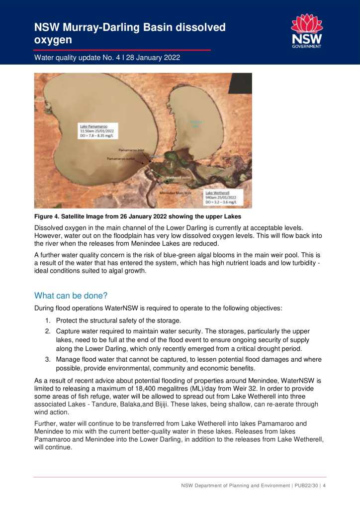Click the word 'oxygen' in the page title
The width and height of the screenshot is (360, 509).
[x=52, y=39]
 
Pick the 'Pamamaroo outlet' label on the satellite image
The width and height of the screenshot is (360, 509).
[x=120, y=159]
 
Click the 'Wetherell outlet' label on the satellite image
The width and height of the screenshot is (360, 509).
[x=179, y=177]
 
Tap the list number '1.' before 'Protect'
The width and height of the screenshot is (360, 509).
[x=48, y=320]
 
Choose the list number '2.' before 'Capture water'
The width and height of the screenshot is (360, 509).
[x=48, y=331]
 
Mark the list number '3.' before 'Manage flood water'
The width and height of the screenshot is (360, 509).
[x=48, y=359]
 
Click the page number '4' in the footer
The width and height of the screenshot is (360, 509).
[x=324, y=486]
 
